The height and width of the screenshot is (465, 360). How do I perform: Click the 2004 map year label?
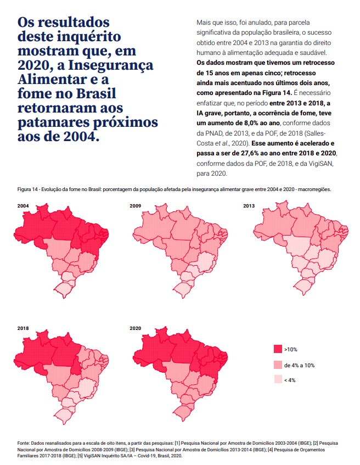(23, 206)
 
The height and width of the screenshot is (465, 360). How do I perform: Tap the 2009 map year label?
(135, 206)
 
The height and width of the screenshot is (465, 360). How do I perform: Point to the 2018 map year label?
(23, 328)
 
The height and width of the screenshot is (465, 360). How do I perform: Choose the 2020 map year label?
(135, 328)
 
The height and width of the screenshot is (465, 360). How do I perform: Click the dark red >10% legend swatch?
(278, 349)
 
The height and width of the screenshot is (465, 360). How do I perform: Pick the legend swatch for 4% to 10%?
(278, 365)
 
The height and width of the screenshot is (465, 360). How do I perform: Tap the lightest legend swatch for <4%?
(278, 380)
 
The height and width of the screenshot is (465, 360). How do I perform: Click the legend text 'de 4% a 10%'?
(299, 365)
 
